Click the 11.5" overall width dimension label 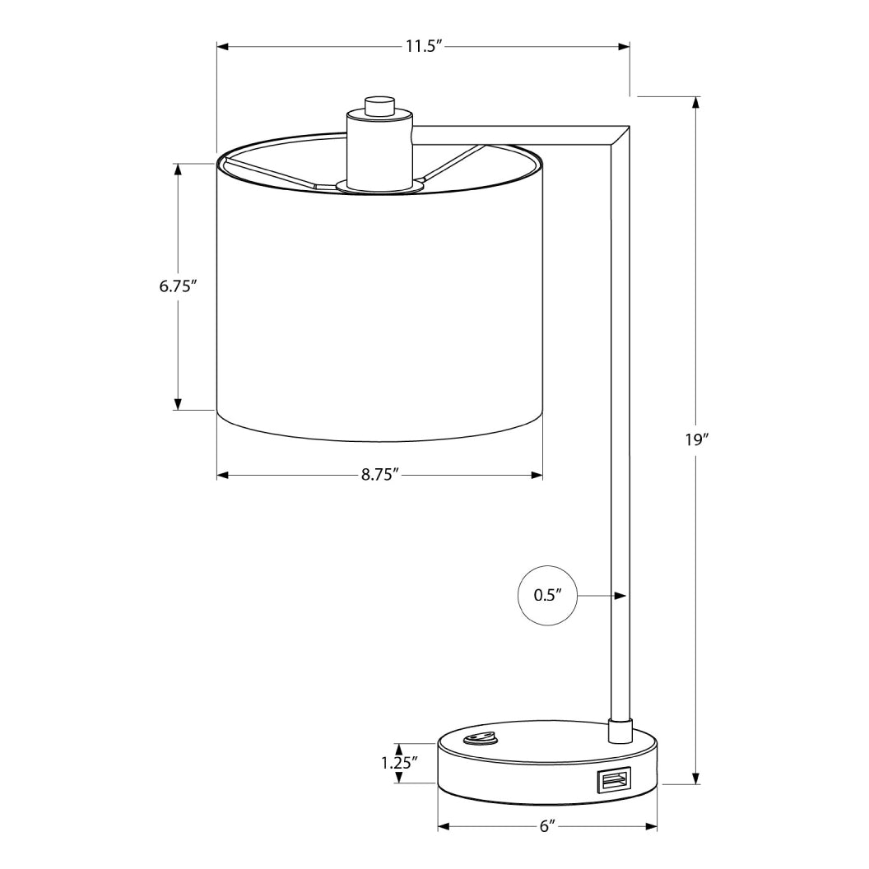pos(423,47)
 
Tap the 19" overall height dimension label pos(696,439)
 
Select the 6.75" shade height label pos(178,287)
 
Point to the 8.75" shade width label pos(379,475)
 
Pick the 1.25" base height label pos(400,762)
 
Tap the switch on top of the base pos(480,738)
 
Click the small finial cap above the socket pos(379,105)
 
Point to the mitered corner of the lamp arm pos(619,137)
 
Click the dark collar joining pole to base pos(619,729)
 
